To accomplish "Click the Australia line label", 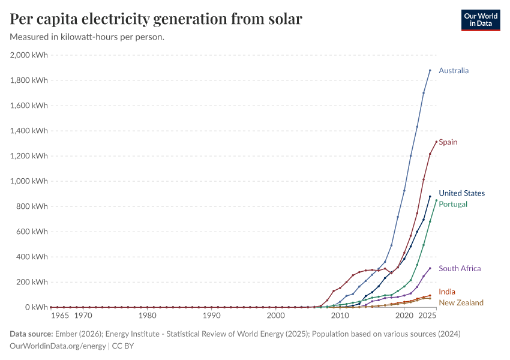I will (454, 71).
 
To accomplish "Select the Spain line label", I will (448, 142).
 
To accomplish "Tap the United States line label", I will (461, 193).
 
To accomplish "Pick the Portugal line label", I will (453, 204).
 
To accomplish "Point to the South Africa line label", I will (460, 269).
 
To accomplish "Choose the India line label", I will (447, 292).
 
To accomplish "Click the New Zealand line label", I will (461, 302).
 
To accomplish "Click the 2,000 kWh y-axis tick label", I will (29, 55).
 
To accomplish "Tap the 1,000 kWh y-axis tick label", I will (29, 181).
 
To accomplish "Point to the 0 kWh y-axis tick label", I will (36, 307).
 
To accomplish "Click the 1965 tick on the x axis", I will (60, 316).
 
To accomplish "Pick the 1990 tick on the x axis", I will (211, 316).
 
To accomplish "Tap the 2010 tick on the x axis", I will (340, 316).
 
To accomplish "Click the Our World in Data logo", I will (480, 20).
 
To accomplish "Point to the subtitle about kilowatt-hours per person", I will (88, 37).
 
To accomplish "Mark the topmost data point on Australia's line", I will (430, 70).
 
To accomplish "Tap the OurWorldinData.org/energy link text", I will (58, 346).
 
